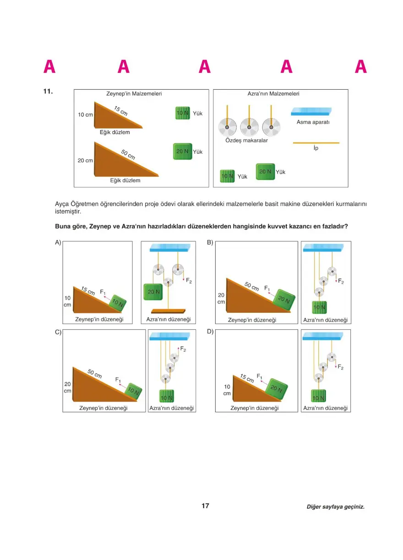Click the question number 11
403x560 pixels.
pyautogui.click(x=48, y=92)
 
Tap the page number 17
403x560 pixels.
pyautogui.click(x=205, y=506)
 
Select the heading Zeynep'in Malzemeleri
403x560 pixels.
pyautogui.click(x=134, y=93)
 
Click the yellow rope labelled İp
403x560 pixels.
pyautogui.click(x=316, y=143)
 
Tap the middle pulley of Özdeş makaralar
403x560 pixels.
pyautogui.click(x=249, y=126)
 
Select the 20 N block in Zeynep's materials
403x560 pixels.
pyautogui.click(x=182, y=151)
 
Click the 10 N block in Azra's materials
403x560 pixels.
pyautogui.click(x=227, y=176)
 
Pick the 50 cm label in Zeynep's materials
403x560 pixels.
pyautogui.click(x=128, y=154)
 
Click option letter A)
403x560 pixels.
pyautogui.click(x=58, y=242)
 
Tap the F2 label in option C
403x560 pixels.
pyautogui.click(x=183, y=349)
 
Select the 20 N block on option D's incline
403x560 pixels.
pyautogui.click(x=277, y=389)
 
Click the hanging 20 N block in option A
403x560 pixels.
pyautogui.click(x=153, y=291)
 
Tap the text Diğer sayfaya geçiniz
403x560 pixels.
pyautogui.click(x=336, y=507)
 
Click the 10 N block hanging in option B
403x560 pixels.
pyautogui.click(x=319, y=307)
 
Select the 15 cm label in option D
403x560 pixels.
pyautogui.click(x=247, y=379)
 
